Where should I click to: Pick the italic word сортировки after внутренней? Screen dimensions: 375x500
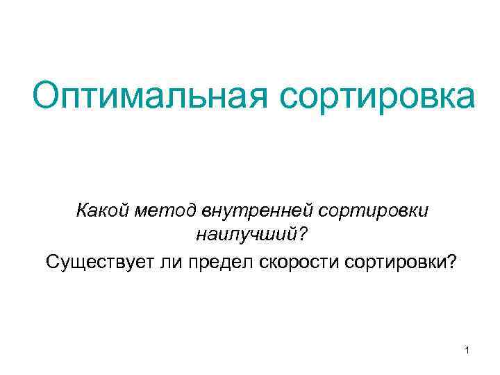tap(376, 209)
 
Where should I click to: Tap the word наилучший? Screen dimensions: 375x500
tap(246, 235)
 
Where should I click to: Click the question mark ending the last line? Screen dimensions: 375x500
tap(452, 262)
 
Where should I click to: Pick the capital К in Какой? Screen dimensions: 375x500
tap(82, 209)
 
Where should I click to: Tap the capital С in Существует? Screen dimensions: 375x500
tap(52, 262)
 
